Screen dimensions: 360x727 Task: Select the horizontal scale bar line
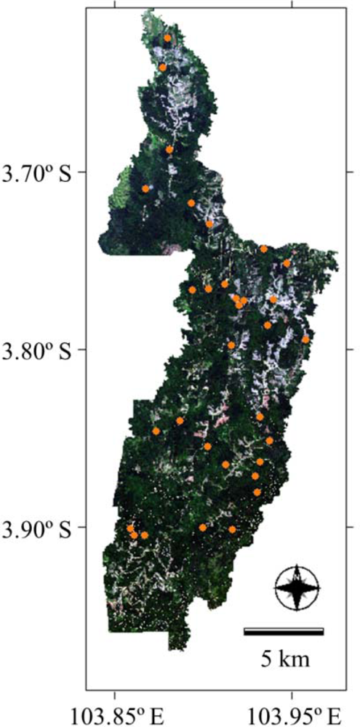tap(284, 630)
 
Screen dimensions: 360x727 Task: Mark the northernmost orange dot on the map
tap(167, 38)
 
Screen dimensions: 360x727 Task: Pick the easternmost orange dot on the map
tap(305, 340)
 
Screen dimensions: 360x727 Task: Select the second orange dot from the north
tap(163, 67)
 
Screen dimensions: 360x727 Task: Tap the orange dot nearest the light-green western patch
tap(145, 189)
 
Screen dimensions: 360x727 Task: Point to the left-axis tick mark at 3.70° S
tap(89, 172)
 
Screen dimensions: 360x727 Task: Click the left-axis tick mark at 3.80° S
tap(89, 350)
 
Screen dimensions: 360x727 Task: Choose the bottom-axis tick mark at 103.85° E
tap(115, 687)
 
